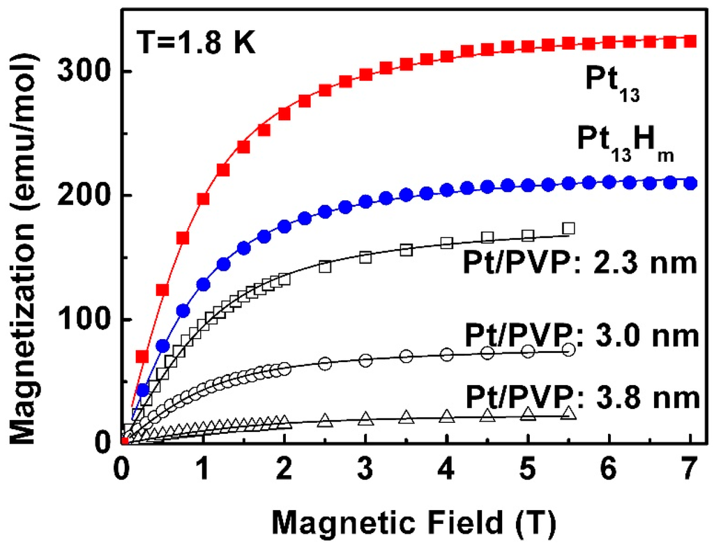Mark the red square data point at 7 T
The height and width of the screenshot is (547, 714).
click(690, 41)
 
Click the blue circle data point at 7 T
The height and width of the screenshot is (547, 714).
click(690, 183)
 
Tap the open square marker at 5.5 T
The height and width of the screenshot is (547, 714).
click(568, 228)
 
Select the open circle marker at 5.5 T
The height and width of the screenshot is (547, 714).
click(568, 350)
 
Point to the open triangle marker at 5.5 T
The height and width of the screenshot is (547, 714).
click(568, 413)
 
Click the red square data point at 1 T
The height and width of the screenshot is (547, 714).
click(204, 198)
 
